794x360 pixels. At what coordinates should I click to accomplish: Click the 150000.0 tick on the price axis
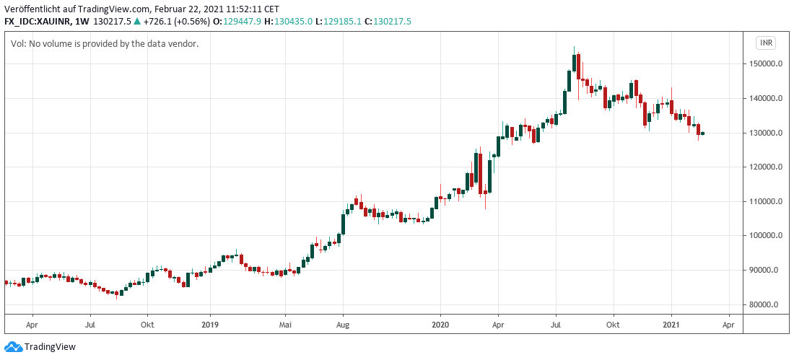coord(767,64)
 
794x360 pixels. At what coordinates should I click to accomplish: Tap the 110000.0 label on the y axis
coord(767,201)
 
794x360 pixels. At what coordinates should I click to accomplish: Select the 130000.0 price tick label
coord(767,133)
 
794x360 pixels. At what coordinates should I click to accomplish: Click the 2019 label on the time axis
coord(209,325)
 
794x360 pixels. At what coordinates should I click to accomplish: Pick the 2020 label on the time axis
coord(440,325)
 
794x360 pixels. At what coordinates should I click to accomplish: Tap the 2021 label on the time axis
coord(672,325)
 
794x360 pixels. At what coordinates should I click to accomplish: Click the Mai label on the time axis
coord(285,325)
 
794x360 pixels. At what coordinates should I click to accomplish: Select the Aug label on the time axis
coord(343,325)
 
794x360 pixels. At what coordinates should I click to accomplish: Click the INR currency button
coord(766,43)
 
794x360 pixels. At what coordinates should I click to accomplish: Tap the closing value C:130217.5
coord(388,22)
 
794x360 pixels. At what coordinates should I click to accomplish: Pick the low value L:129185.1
coord(338,22)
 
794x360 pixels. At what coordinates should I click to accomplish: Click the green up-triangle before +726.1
coord(137,22)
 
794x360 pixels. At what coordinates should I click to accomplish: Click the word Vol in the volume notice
coord(18,44)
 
